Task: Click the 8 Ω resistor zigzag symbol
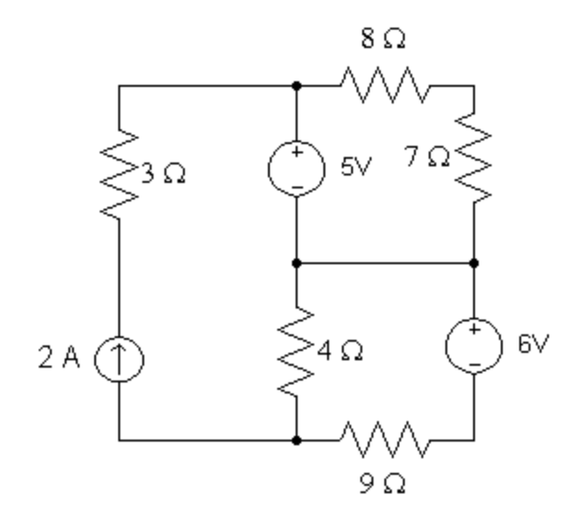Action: click(x=383, y=88)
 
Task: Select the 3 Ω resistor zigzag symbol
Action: click(x=119, y=175)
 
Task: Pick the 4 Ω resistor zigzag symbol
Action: click(x=296, y=352)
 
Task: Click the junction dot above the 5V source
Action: click(x=296, y=87)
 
